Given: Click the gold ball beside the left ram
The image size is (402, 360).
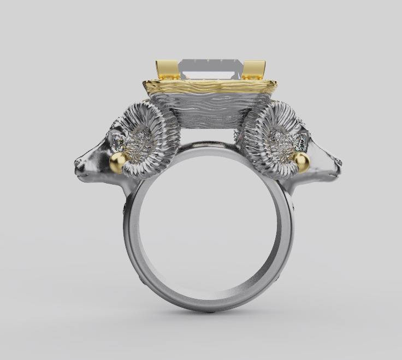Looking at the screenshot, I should pyautogui.click(x=118, y=162).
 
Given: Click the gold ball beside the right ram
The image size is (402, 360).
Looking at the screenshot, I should pyautogui.click(x=300, y=161).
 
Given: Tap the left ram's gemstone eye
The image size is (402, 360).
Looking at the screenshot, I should pyautogui.click(x=119, y=143).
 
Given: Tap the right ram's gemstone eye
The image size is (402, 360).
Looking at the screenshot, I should pyautogui.click(x=300, y=143).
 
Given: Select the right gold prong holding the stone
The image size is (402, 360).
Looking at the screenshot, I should pyautogui.click(x=253, y=70).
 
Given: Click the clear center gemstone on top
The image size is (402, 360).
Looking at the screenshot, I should pyautogui.click(x=210, y=68).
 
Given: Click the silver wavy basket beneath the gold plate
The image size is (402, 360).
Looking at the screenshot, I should pyautogui.click(x=210, y=109).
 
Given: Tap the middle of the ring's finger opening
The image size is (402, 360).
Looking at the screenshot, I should pyautogui.click(x=210, y=224).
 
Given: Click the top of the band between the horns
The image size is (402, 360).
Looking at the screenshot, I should pyautogui.click(x=210, y=146).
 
